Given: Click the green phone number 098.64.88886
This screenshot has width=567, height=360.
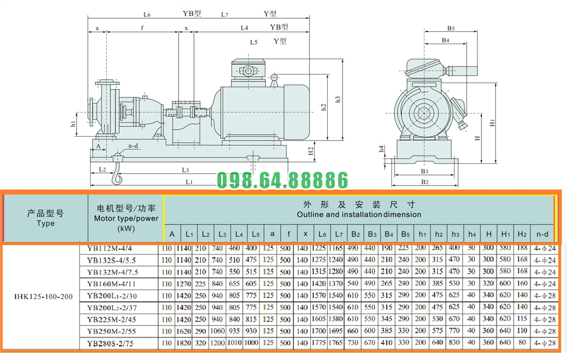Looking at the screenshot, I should [283, 181].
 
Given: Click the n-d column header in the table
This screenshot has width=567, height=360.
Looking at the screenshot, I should [543, 234].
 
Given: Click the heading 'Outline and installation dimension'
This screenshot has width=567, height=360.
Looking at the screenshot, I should [359, 215].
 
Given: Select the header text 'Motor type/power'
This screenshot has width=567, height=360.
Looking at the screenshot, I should [126, 218].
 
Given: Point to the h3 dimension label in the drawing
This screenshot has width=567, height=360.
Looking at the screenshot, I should [337, 99].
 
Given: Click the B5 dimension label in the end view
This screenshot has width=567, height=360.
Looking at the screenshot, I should [451, 28].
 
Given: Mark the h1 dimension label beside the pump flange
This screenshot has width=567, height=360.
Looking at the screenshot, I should [73, 124].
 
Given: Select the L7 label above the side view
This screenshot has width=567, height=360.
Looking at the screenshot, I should [225, 14].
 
